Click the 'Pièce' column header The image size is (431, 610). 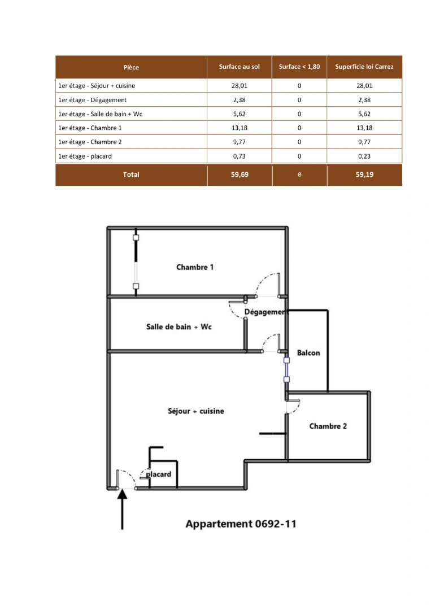(x=131, y=67)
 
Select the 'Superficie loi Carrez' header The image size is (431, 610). (x=364, y=67)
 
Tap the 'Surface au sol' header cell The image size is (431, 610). (x=240, y=67)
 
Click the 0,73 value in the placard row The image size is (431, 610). (x=240, y=156)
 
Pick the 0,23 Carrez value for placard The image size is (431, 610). (x=364, y=156)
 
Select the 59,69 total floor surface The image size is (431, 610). (x=240, y=175)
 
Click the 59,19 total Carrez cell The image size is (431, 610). (x=364, y=175)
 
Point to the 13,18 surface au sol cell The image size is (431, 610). (x=240, y=128)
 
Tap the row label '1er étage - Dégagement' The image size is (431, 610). (x=92, y=100)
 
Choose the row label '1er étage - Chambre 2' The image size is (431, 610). (x=90, y=142)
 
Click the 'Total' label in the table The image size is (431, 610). (x=131, y=175)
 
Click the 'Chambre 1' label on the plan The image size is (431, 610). (x=195, y=267)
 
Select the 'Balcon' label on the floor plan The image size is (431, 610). (x=308, y=353)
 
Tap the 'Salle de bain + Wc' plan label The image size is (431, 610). (x=179, y=327)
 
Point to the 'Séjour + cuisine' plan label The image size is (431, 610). (x=196, y=411)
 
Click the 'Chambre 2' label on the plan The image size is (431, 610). (x=328, y=426)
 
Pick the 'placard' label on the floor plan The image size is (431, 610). (x=159, y=474)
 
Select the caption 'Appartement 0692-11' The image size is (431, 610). (x=241, y=524)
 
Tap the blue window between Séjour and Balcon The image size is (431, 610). (x=286, y=369)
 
